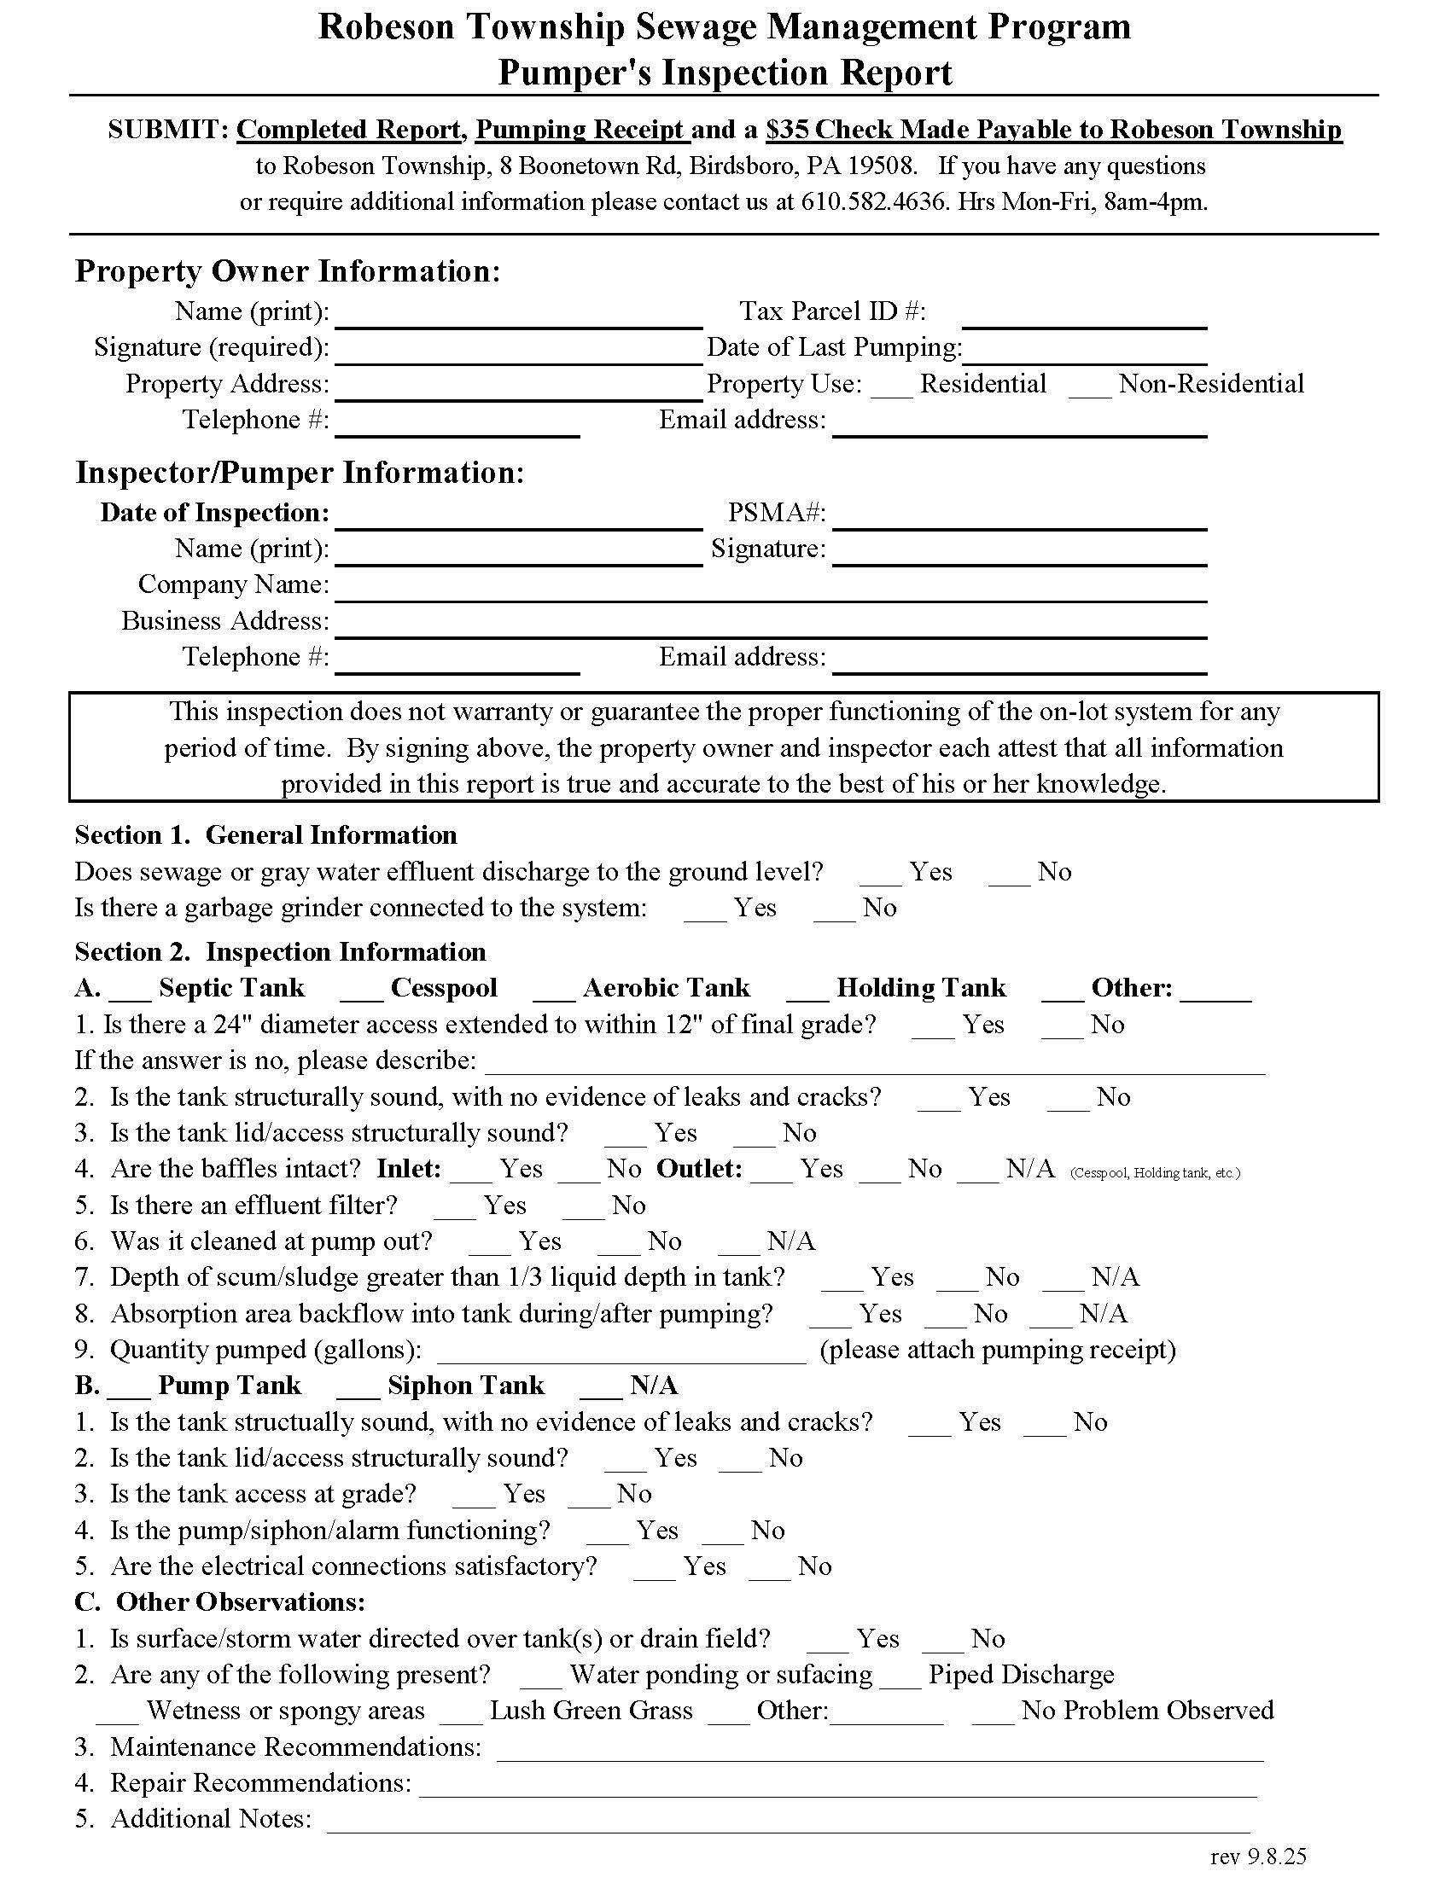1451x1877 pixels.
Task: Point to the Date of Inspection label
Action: [x=215, y=513]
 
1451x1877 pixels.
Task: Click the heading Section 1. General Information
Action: [x=265, y=835]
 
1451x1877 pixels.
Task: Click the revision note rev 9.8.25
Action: [x=1257, y=1857]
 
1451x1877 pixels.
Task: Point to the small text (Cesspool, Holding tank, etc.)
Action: [x=1155, y=1173]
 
